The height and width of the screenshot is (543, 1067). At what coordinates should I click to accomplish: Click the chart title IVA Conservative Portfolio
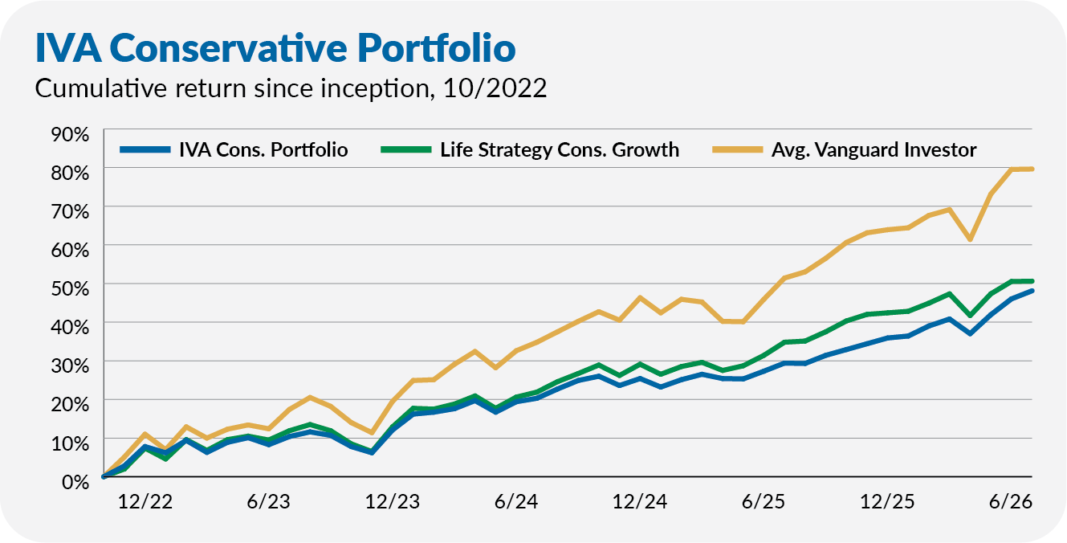275,47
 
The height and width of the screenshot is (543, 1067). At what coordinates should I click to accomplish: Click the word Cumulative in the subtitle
101,88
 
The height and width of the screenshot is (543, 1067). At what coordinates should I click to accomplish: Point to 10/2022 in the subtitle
495,88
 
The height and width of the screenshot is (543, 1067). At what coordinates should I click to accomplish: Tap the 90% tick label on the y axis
70,134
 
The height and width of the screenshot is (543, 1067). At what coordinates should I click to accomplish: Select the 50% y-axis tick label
70,288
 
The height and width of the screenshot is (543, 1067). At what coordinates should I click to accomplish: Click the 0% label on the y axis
75,481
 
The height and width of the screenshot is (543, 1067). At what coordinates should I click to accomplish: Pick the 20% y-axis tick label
70,404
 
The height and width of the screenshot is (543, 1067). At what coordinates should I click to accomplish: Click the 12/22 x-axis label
145,501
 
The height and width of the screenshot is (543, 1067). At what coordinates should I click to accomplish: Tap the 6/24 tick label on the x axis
516,501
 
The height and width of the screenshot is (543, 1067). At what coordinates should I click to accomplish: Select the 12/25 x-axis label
887,501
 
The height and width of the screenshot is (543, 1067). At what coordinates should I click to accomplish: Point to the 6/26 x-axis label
1011,501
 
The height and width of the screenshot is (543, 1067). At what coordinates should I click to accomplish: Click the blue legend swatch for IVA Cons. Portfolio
145,149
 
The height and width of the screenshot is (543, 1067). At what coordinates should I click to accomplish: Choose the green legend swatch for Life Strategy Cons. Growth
405,149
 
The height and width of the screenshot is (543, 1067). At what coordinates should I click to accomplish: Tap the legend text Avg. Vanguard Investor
874,149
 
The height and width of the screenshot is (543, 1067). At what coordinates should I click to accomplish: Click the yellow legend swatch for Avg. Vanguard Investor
737,149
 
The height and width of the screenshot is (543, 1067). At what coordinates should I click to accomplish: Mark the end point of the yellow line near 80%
1032,169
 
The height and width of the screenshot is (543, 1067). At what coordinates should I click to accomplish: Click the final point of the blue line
1032,290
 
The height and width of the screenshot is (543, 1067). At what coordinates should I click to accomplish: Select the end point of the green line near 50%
1032,281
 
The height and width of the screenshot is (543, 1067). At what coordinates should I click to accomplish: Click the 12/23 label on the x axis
393,501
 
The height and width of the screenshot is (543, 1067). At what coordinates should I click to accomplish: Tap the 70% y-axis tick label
70,211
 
